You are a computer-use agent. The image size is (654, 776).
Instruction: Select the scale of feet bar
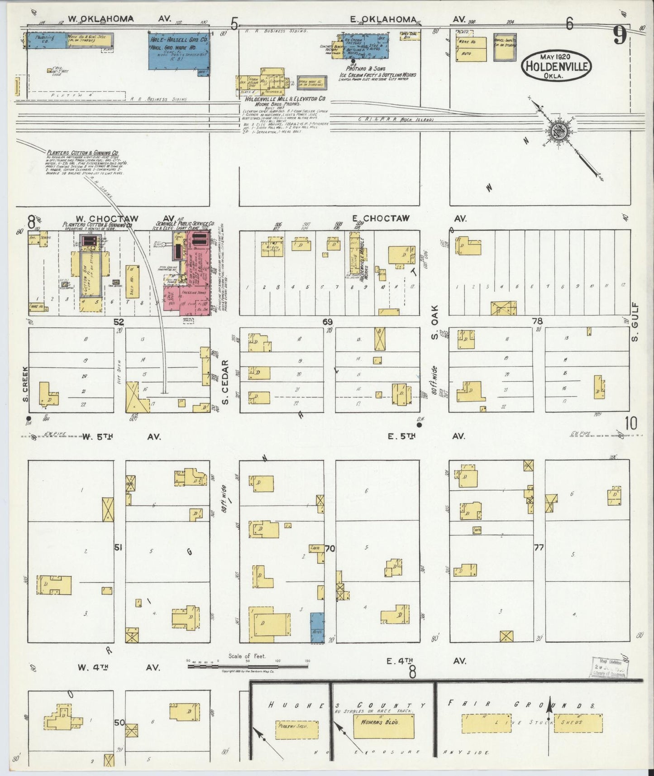[248, 666]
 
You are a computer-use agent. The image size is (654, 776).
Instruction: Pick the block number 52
[119, 321]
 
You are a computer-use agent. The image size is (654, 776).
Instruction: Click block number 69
[328, 321]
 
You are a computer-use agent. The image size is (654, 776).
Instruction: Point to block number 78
[537, 321]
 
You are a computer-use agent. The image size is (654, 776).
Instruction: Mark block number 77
[539, 548]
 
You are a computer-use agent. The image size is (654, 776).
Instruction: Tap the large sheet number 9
[620, 35]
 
